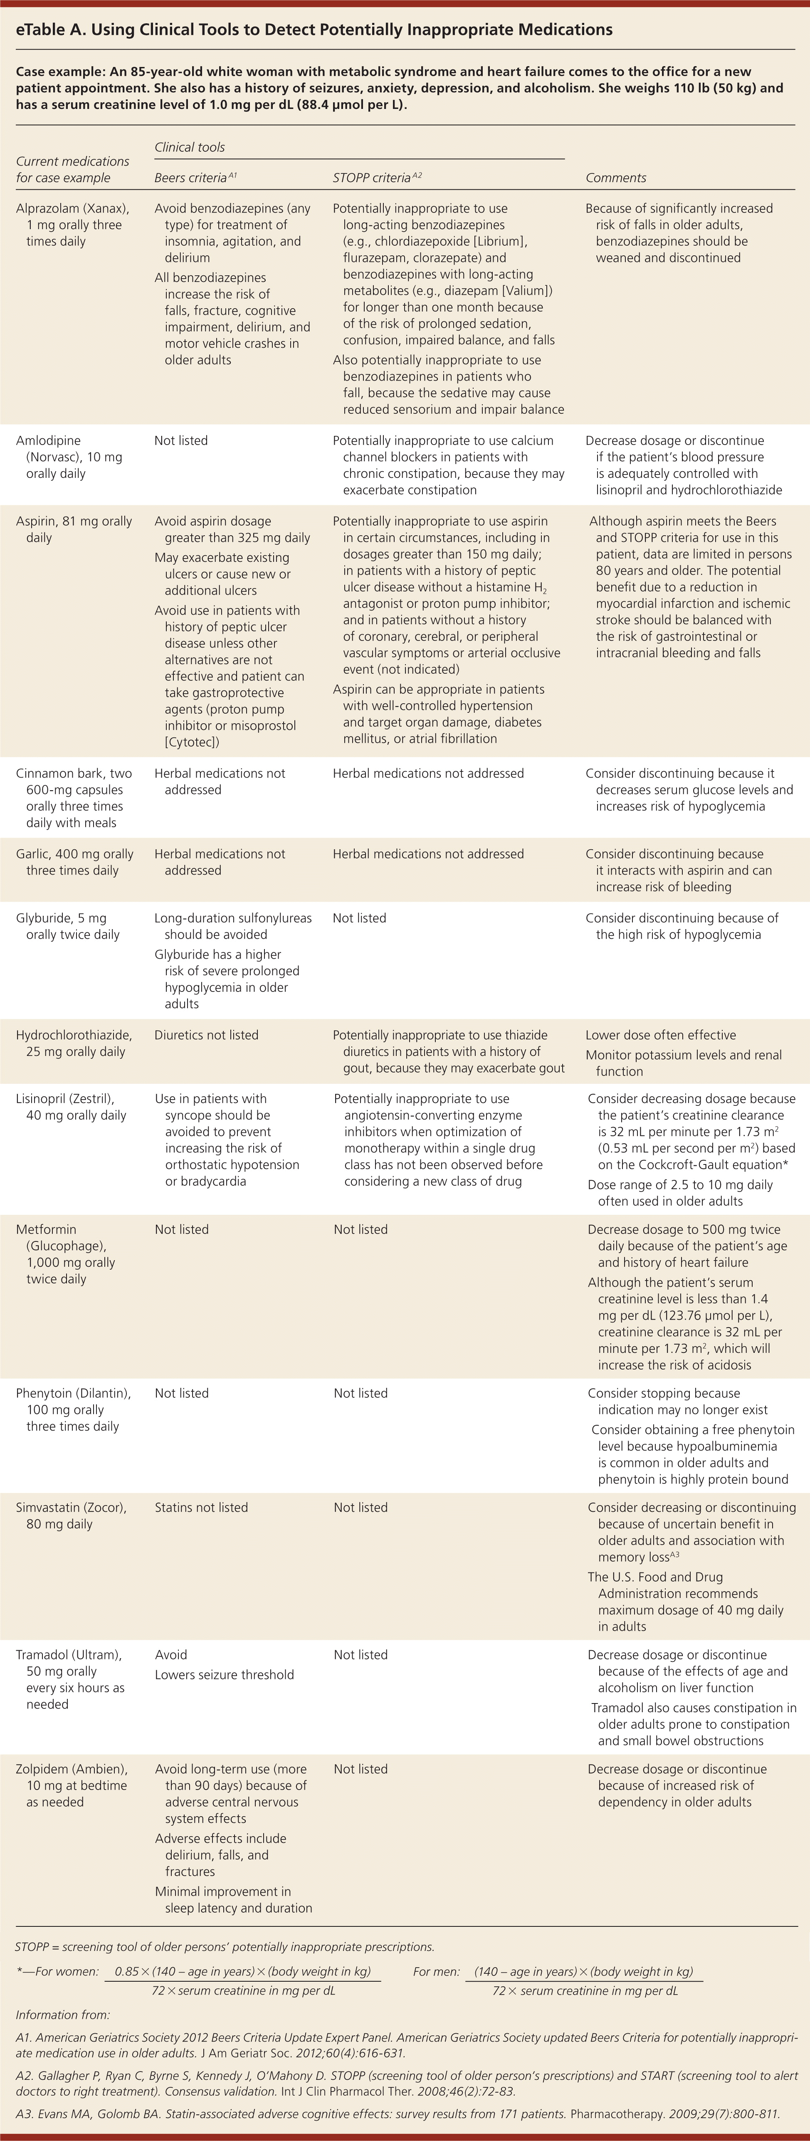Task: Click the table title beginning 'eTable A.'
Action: pyautogui.click(x=314, y=30)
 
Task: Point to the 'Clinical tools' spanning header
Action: pyautogui.click(x=190, y=147)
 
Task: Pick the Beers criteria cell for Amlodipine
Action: pyautogui.click(x=181, y=440)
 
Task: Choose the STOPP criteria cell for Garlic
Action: pyautogui.click(x=428, y=853)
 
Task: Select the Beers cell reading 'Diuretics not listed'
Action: pyautogui.click(x=206, y=1035)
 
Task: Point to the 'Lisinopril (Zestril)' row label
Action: pyautogui.click(x=71, y=1106)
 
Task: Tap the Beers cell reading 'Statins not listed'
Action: pyautogui.click(x=201, y=1507)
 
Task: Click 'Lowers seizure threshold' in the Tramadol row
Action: pyautogui.click(x=224, y=1675)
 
